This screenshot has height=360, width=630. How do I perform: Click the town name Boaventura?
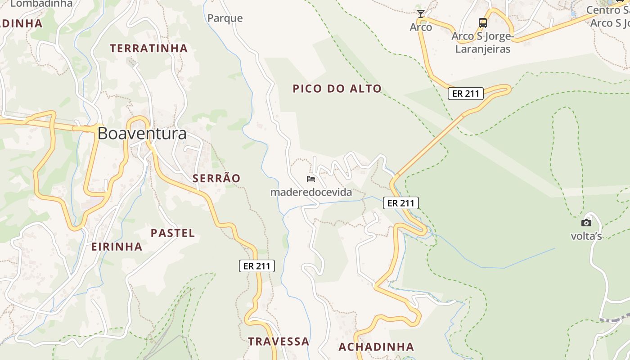pos(142,134)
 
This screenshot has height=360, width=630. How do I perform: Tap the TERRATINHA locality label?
pos(148,48)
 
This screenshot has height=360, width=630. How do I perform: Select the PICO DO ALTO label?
pos(337,89)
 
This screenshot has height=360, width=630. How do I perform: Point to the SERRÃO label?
pos(216,178)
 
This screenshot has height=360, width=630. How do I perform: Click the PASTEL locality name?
pos(173,233)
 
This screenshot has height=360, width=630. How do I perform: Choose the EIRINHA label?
pos(117,247)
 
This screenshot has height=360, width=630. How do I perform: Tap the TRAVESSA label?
pos(279,342)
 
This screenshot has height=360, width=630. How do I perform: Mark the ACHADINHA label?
pos(376,347)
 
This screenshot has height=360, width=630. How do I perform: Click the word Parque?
pos(225,18)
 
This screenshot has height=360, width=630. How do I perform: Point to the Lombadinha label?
pos(41,4)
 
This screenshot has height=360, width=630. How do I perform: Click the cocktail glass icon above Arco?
pos(420,14)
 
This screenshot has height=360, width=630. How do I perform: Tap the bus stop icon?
pos(482,22)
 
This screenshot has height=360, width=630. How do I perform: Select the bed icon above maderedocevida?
pos(311,179)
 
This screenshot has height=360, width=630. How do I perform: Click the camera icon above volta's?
pos(586,223)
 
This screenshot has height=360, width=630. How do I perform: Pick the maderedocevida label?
pos(311,193)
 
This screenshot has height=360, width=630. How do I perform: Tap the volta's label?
pos(586,236)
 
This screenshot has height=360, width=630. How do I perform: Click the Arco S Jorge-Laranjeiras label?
pos(483,42)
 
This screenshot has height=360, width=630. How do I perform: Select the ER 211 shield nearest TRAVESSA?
pos(256,266)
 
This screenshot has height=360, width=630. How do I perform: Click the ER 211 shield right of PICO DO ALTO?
pos(465,94)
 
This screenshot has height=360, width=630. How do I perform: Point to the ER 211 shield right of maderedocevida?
pos(401,203)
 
